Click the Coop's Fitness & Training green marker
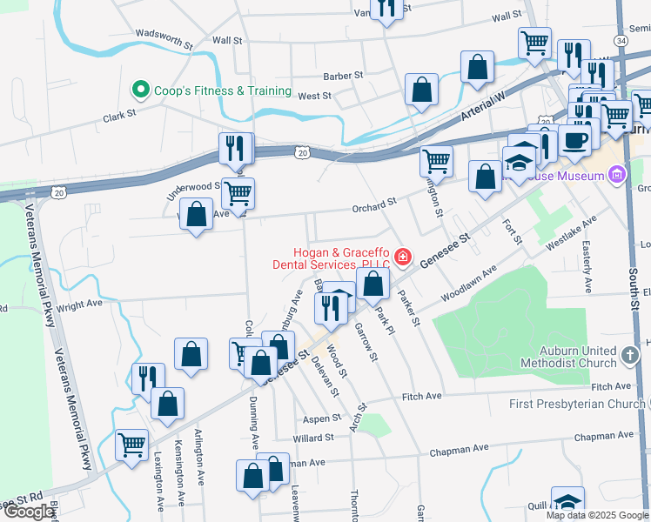(x=139, y=90)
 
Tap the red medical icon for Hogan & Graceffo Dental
(x=402, y=257)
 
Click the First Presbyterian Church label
(x=579, y=404)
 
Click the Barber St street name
(x=342, y=77)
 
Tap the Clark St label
(x=120, y=114)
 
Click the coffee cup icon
(x=575, y=139)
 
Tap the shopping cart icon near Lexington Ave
(x=132, y=445)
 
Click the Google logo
(x=29, y=512)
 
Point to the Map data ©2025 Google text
(x=597, y=515)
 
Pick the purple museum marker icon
(x=618, y=176)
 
